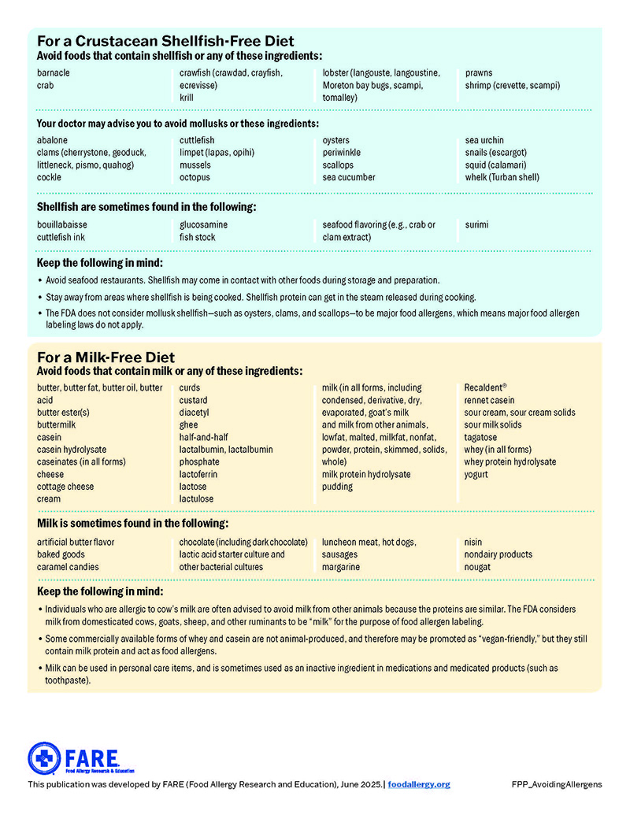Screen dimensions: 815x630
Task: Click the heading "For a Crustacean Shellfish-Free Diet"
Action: pyautogui.click(x=165, y=41)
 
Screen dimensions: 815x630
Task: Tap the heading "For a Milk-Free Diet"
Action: pyautogui.click(x=106, y=357)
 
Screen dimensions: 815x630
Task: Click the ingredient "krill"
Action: pyautogui.click(x=187, y=98)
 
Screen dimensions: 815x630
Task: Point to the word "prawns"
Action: pyautogui.click(x=479, y=73)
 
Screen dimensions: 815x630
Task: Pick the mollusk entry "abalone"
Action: pyautogui.click(x=53, y=141)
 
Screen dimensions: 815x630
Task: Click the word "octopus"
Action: pyautogui.click(x=195, y=178)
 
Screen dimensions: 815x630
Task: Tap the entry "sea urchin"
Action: pyautogui.click(x=484, y=141)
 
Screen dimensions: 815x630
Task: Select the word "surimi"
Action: pyautogui.click(x=476, y=225)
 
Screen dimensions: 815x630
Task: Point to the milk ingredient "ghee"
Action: pyautogui.click(x=188, y=425)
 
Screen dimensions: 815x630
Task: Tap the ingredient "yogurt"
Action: pyautogui.click(x=476, y=475)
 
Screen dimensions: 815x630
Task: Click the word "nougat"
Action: pyautogui.click(x=477, y=567)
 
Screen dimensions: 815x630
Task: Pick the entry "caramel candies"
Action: pyautogui.click(x=68, y=567)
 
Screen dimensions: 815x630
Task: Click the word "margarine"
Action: pyautogui.click(x=341, y=567)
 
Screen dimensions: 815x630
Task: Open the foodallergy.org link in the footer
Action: pyautogui.click(x=419, y=784)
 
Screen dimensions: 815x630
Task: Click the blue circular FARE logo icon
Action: pyautogui.click(x=44, y=758)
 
